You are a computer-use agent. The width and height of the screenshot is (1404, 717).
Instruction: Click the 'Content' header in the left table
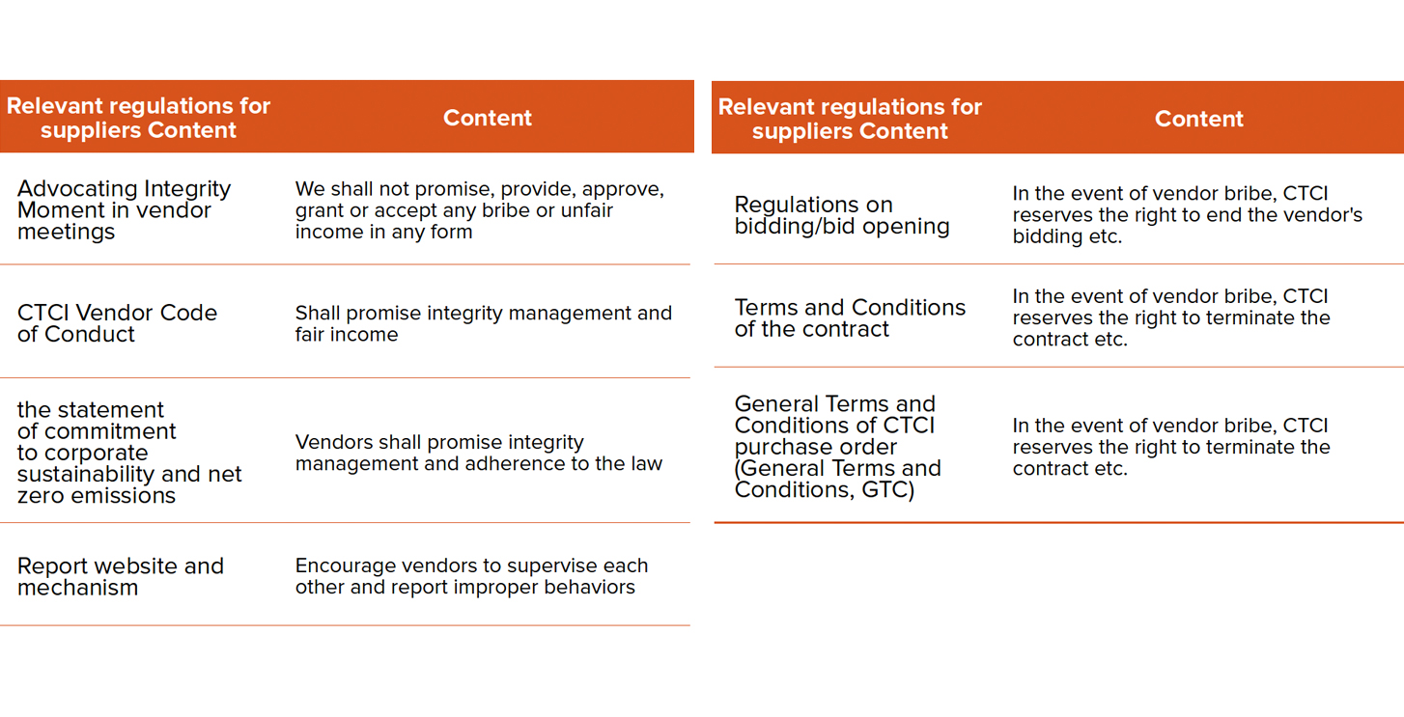pyautogui.click(x=487, y=118)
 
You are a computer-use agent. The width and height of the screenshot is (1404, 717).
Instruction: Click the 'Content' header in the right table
pyautogui.click(x=1198, y=119)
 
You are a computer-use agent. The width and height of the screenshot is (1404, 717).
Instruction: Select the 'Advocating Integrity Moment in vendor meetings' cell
pyautogui.click(x=125, y=209)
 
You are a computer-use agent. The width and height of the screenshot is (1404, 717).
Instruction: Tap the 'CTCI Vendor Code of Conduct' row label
pyautogui.click(x=117, y=323)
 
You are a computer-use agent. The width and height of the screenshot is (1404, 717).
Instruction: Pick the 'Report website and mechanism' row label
pyautogui.click(x=121, y=577)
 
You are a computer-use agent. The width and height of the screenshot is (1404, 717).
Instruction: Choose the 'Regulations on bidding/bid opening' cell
pyautogui.click(x=842, y=215)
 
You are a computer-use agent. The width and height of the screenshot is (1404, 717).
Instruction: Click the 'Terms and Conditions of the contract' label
pyautogui.click(x=850, y=318)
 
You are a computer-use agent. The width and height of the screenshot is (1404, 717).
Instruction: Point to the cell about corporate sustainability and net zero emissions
pyautogui.click(x=129, y=453)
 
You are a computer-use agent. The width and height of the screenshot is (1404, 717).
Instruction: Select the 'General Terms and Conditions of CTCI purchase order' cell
pyautogui.click(x=838, y=447)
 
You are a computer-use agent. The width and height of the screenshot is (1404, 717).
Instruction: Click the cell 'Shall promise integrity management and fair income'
pyautogui.click(x=483, y=323)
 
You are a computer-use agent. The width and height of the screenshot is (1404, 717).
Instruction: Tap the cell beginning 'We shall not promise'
pyautogui.click(x=480, y=209)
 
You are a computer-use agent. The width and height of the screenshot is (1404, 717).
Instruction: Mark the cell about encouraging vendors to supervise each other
pyautogui.click(x=471, y=576)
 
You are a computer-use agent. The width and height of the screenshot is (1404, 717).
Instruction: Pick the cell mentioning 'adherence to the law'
pyautogui.click(x=479, y=453)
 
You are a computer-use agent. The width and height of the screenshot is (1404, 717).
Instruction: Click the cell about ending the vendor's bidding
pyautogui.click(x=1187, y=215)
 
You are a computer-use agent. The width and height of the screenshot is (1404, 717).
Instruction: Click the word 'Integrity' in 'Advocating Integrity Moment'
pyautogui.click(x=186, y=189)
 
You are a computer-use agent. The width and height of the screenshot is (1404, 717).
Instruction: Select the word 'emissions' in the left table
pyautogui.click(x=131, y=495)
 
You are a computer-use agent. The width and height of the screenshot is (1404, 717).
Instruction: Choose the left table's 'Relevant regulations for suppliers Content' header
pyautogui.click(x=138, y=118)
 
